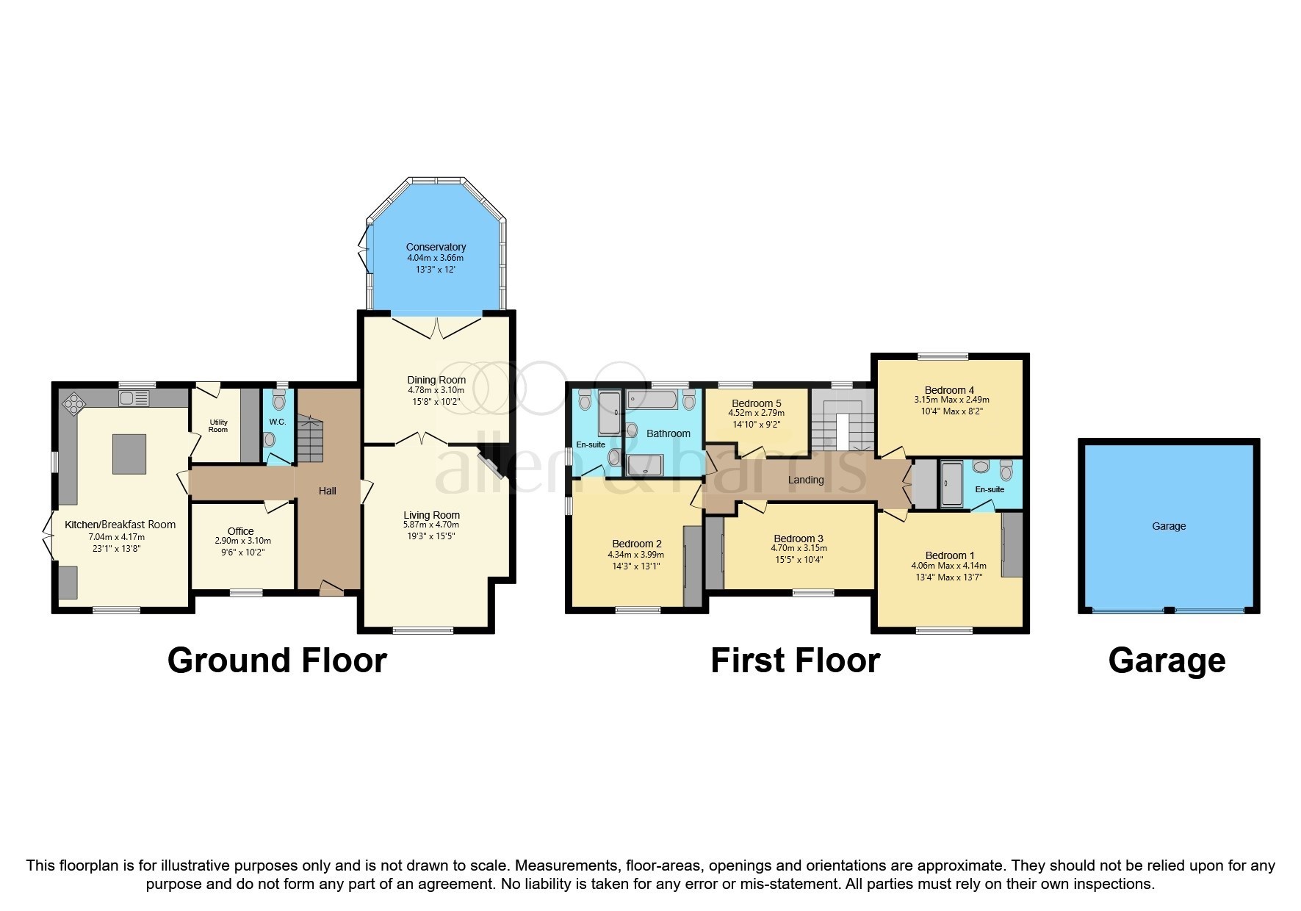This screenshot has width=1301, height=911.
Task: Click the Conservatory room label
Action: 436,247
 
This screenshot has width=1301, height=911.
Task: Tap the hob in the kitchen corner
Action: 74,402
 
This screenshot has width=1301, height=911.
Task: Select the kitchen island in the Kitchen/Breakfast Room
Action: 129,454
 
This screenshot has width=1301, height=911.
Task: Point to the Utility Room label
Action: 218,425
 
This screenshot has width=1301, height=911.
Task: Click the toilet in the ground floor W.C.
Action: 278,402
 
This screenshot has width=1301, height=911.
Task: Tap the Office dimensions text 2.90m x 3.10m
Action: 242,541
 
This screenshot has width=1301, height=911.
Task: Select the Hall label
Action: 327,491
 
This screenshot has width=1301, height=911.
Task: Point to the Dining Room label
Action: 436,380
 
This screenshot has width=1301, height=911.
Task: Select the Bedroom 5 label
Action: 756,403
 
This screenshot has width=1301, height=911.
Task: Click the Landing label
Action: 806,480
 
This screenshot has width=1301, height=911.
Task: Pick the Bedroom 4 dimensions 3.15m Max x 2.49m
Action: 951,400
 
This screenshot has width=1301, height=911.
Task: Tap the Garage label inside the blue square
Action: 1168,526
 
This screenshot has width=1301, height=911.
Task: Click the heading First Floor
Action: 795,660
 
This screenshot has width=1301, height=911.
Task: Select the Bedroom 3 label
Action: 798,539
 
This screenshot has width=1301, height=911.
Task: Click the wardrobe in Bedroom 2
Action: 692,566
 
